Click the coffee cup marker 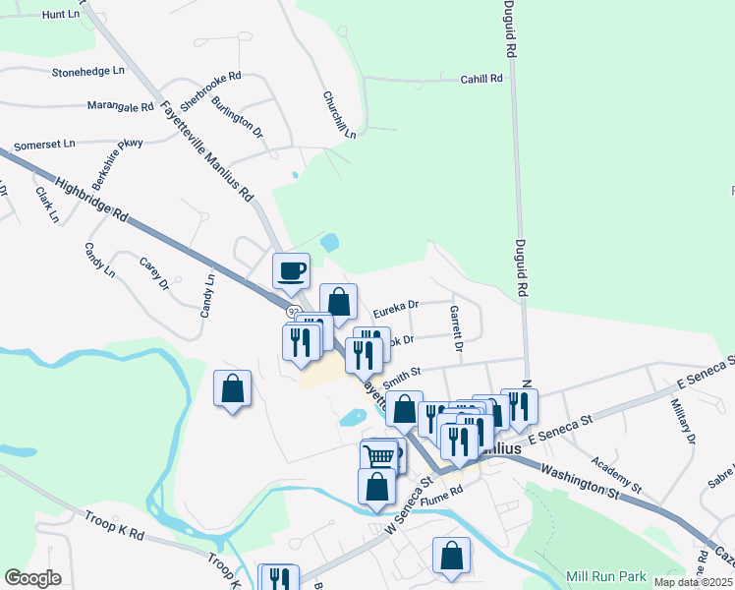pos(291,270)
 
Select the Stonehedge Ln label pos(88,72)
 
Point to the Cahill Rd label pos(481,79)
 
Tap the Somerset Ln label pos(43,144)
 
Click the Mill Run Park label pos(606,575)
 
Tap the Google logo pos(32,578)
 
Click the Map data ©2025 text pos(693,582)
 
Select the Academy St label pos(617,475)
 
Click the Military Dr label pos(684,424)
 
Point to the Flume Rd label pos(441,493)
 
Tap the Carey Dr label pos(154,274)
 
